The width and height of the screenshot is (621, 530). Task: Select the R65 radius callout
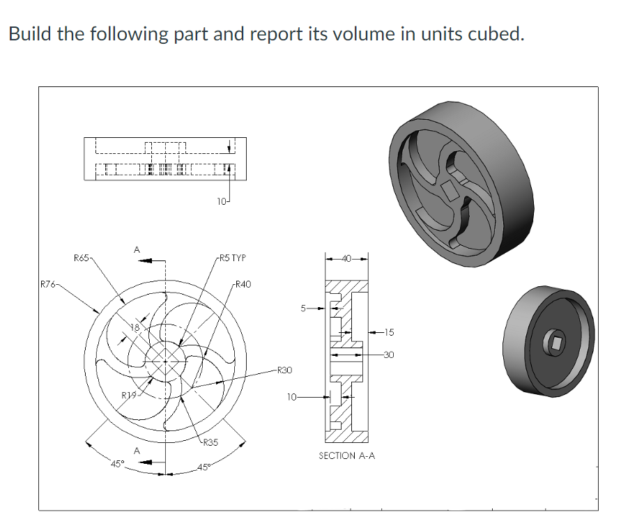tap(82, 258)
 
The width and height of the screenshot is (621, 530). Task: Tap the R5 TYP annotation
tap(231, 258)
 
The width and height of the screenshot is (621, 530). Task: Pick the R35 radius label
tap(209, 442)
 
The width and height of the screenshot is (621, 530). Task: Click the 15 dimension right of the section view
tap(388, 332)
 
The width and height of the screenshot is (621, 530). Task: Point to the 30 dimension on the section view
tap(388, 355)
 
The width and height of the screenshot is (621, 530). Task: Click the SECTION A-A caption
tap(346, 455)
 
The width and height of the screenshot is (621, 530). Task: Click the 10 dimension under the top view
tap(221, 202)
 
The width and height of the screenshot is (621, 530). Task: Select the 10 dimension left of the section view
tap(291, 398)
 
